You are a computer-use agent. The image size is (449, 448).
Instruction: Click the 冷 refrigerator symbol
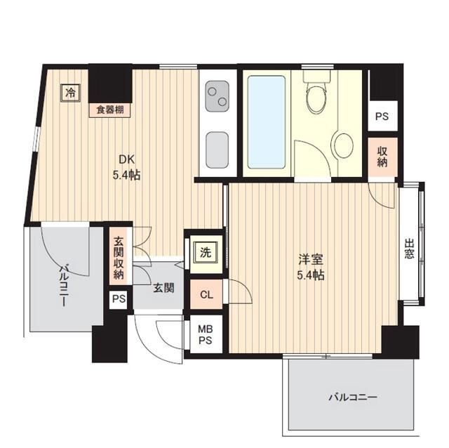point(69,92)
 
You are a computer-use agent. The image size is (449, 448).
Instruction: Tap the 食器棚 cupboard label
point(110,110)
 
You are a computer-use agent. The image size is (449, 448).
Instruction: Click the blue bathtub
point(267,121)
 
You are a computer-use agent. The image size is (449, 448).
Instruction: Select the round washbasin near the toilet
point(344,145)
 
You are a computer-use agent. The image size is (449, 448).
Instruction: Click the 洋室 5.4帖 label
point(308,266)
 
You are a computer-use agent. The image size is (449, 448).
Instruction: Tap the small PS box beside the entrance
point(119,299)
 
